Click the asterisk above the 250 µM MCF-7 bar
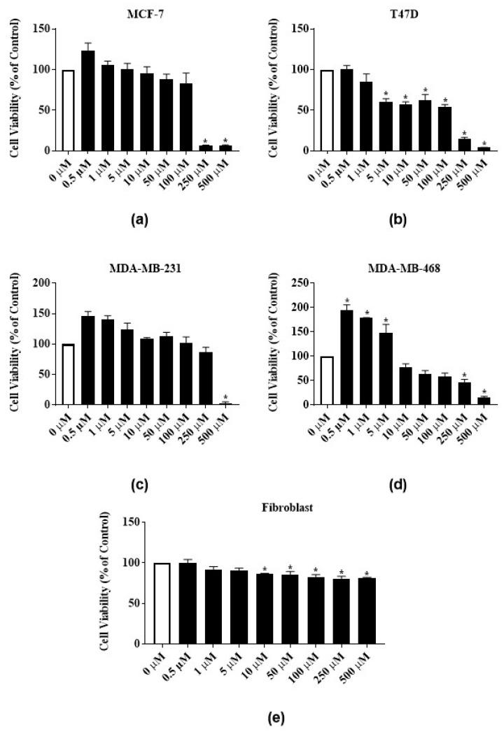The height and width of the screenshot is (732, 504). click(x=205, y=141)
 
